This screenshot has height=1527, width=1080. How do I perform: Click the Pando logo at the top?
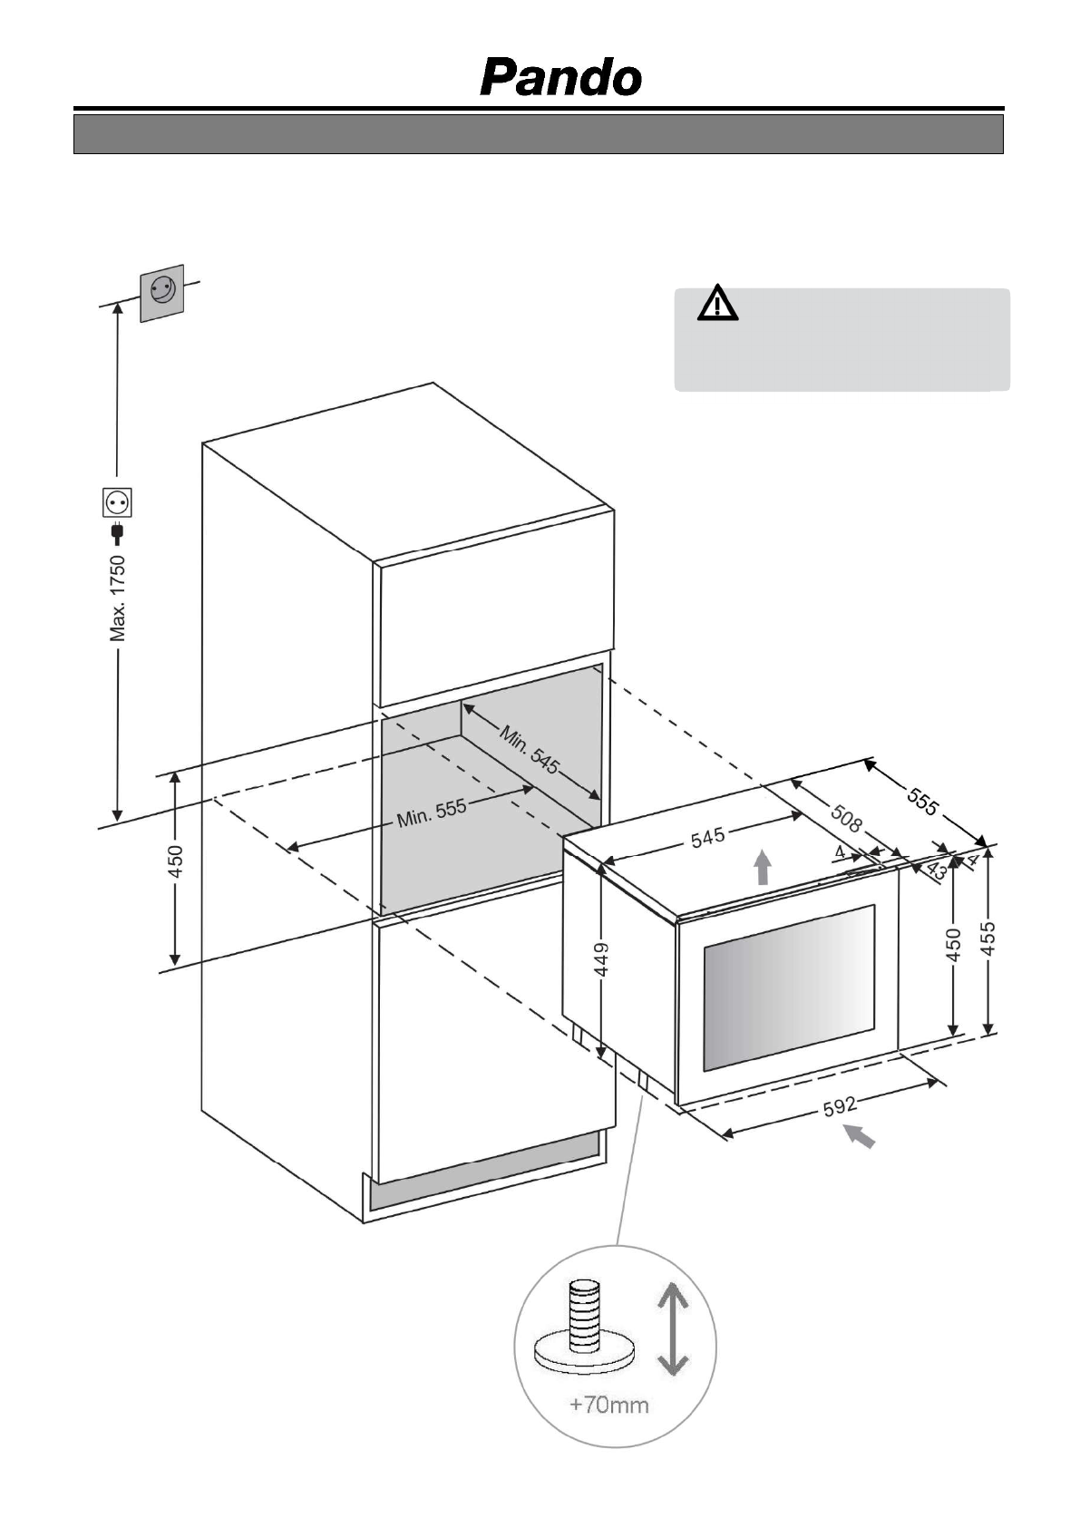pyautogui.click(x=561, y=78)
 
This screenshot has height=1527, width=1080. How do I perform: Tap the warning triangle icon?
pyautogui.click(x=717, y=304)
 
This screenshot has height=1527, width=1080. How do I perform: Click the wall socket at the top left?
pyautogui.click(x=161, y=292)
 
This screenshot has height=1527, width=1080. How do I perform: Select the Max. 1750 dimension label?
pyautogui.click(x=118, y=598)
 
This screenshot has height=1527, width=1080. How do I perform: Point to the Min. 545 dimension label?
pyautogui.click(x=529, y=749)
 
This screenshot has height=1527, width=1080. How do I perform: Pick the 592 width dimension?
pyautogui.click(x=841, y=1106)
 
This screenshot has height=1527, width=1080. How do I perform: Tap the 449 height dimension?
pyautogui.click(x=601, y=958)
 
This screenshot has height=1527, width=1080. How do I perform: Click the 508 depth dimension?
pyautogui.click(x=846, y=820)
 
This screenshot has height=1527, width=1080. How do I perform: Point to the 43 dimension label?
pyautogui.click(x=936, y=870)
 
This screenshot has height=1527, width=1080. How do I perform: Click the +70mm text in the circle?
pyautogui.click(x=608, y=1405)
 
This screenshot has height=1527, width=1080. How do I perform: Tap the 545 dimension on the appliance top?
pyautogui.click(x=707, y=836)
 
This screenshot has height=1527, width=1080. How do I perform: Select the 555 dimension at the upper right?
pyautogui.click(x=922, y=801)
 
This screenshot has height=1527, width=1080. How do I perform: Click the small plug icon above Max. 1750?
pyautogui.click(x=118, y=532)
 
